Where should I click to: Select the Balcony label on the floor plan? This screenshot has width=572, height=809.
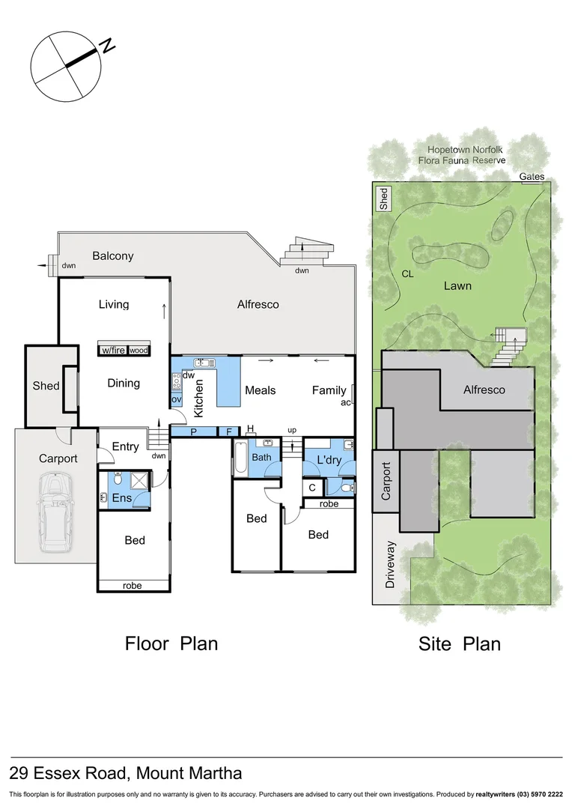113,256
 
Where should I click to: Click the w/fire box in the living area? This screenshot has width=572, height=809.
113,351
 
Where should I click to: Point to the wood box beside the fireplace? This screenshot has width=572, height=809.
139,351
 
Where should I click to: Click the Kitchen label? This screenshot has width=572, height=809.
199,398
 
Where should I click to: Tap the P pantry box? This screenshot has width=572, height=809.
193,431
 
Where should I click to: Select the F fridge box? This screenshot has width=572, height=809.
228,431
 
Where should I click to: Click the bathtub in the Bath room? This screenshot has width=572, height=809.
240,458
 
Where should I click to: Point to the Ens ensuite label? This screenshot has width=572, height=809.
122,497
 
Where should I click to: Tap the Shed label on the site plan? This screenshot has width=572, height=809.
384,198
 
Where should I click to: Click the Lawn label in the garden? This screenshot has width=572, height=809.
457,285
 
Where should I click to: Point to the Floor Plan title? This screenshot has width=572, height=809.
171,643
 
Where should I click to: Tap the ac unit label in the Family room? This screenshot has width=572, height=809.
346,402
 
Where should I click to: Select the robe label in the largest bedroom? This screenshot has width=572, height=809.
132,585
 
